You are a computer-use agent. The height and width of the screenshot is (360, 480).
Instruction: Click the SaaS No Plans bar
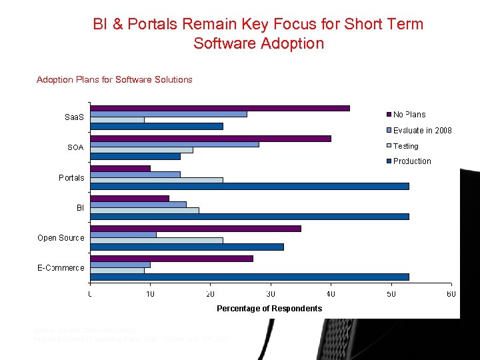click(x=220, y=108)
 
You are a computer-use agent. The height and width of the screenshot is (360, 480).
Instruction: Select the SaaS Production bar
click(x=157, y=126)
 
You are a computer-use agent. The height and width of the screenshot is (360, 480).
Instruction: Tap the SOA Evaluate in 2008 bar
click(x=175, y=144)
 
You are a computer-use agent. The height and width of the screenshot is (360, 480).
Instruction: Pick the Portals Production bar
click(x=249, y=186)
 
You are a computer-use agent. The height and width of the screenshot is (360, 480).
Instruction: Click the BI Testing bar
click(x=145, y=210)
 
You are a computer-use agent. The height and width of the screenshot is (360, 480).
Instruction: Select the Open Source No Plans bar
click(x=195, y=228)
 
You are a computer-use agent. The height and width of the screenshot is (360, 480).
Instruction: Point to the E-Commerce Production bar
click(x=249, y=276)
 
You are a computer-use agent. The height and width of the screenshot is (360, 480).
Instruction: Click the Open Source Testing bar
click(x=157, y=240)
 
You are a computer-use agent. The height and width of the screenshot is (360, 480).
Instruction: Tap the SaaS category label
click(x=74, y=117)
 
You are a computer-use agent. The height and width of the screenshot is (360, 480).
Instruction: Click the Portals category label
click(x=71, y=177)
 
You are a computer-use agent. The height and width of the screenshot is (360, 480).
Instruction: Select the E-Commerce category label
click(x=61, y=268)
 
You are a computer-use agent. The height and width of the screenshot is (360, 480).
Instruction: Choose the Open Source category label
click(x=61, y=238)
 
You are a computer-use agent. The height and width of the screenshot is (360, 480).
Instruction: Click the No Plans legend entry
click(x=409, y=115)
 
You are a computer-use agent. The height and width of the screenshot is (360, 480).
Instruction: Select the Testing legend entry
click(x=405, y=146)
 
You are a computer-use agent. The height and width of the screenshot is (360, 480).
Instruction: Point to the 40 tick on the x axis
click(x=331, y=294)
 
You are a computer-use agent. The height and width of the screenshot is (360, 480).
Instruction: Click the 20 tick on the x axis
click(x=211, y=294)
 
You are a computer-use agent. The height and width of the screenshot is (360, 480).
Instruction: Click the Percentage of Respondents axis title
click(x=269, y=308)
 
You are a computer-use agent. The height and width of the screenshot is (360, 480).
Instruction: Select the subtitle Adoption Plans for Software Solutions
click(x=115, y=80)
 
